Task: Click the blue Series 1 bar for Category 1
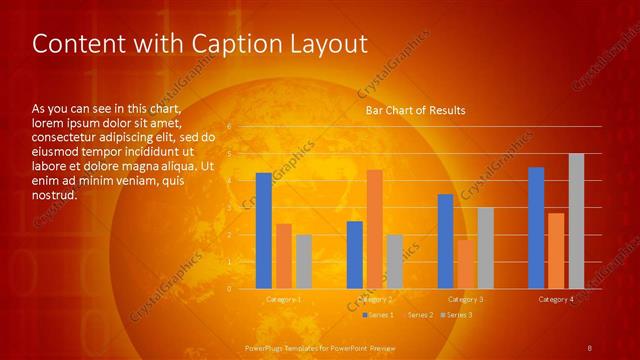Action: (x=263, y=231)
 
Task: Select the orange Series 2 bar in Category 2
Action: (x=374, y=229)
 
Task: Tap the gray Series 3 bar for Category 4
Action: (x=576, y=221)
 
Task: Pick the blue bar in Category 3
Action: (x=445, y=241)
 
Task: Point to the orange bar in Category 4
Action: (x=556, y=251)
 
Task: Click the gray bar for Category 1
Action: (x=303, y=262)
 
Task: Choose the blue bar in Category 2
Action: (x=354, y=255)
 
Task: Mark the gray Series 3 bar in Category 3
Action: (x=485, y=248)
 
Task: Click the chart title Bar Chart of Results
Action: (x=415, y=110)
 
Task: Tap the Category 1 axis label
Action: (x=283, y=299)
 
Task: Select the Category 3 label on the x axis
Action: (x=465, y=299)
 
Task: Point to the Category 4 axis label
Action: (x=556, y=299)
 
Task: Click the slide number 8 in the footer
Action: (x=590, y=348)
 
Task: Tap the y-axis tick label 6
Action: (x=229, y=127)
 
